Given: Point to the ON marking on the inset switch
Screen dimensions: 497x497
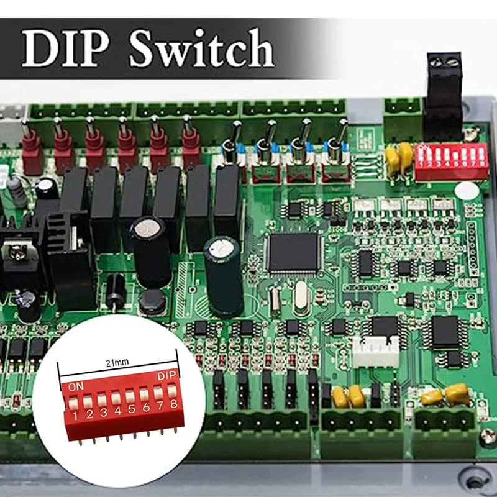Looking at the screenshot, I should pos(75,386).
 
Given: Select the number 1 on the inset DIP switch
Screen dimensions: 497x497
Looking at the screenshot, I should pos(75,416).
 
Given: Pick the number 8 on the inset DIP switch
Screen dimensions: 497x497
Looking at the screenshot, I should pos(173,404).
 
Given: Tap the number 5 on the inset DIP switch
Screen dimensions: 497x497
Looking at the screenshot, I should pos(131,409).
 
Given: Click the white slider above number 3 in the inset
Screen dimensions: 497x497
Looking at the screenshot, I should pos(102,399).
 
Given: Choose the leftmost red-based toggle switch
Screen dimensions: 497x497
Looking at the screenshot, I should pos(30,149).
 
